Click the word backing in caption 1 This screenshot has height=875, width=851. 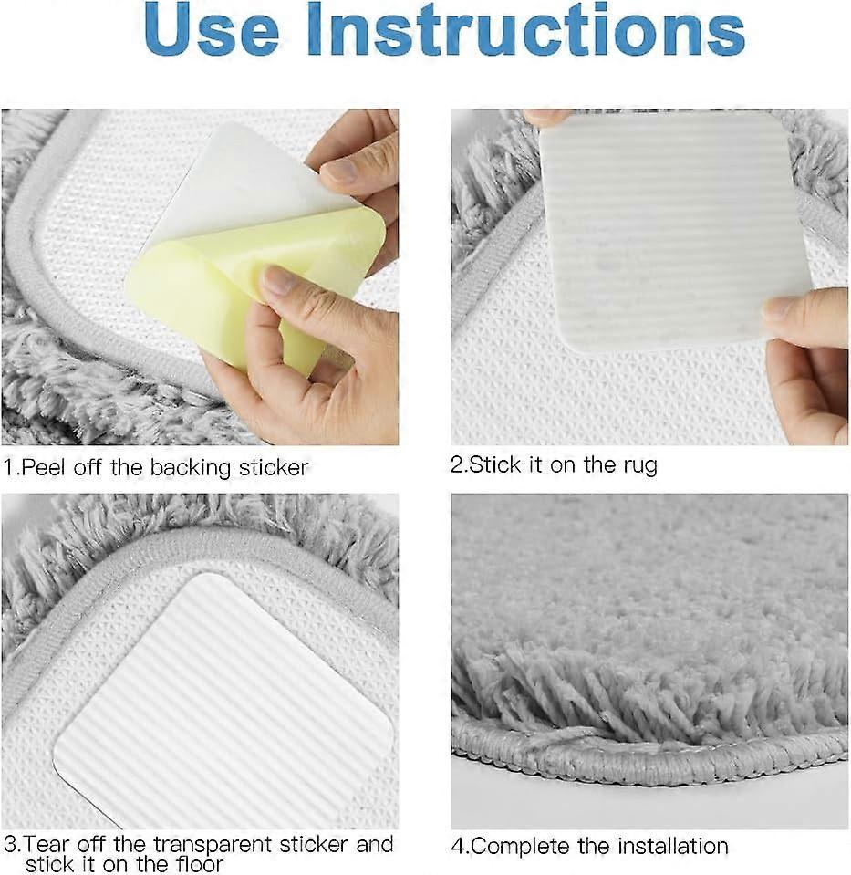191,468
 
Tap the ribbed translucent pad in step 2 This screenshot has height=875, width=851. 673,234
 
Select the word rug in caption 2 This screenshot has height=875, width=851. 641,466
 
